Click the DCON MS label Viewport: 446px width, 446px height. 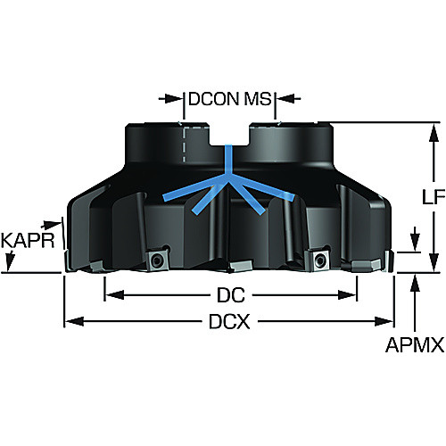point(230,99)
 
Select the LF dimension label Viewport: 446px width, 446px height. point(434,196)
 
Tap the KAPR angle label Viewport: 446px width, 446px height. point(28,240)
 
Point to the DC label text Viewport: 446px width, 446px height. point(231,295)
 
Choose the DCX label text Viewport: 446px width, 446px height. point(229,321)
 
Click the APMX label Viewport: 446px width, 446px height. point(415,345)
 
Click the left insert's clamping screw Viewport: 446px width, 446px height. point(156,261)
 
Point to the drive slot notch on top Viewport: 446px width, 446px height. point(229,136)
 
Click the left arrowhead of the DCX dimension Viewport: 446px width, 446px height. point(74,321)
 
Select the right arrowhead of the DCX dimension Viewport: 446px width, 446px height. point(384,321)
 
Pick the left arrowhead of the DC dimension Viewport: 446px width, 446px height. point(115,295)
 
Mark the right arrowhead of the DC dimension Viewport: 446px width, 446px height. point(347,295)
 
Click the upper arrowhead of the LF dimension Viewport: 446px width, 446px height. point(434,132)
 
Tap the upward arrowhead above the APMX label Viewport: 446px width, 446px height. point(415,283)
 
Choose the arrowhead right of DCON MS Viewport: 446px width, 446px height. point(285,98)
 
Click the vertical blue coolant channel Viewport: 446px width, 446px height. point(227,161)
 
